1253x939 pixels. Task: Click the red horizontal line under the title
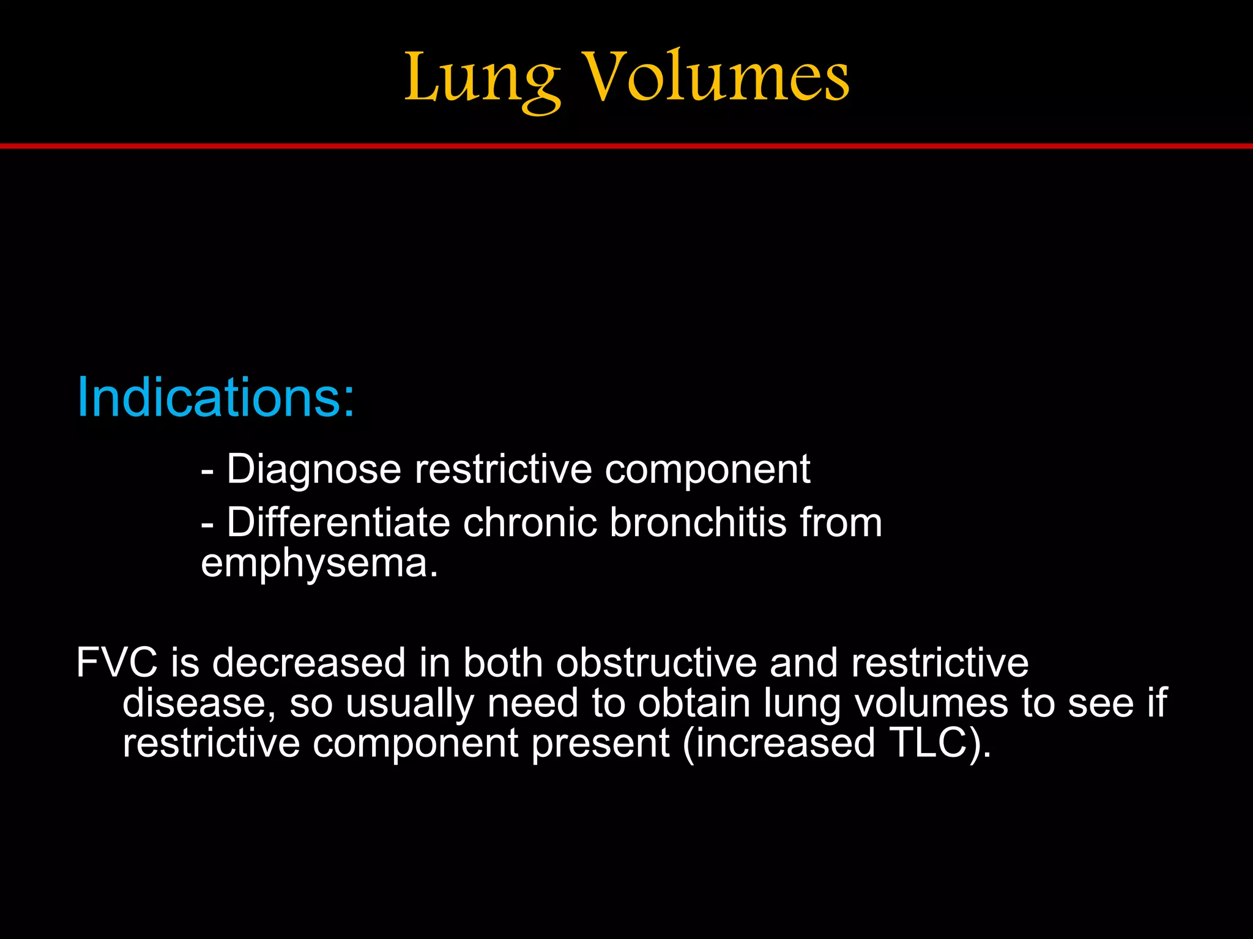[626, 146]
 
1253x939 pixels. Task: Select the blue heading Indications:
[215, 397]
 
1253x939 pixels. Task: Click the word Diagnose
[314, 469]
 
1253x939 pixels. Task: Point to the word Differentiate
[338, 523]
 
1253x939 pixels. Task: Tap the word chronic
[529, 523]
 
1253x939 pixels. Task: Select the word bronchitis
[697, 523]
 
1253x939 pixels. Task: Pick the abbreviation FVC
[117, 663]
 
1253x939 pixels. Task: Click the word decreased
[309, 663]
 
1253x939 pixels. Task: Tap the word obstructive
[656, 663]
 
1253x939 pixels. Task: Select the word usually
[410, 703]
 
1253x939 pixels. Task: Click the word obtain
[694, 703]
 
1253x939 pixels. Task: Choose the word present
[600, 743]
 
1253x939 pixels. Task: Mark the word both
[503, 663]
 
